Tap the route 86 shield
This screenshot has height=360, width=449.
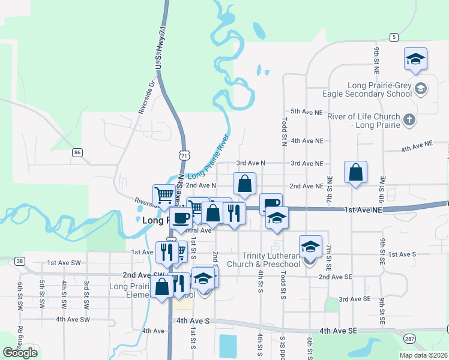click(x=77, y=153)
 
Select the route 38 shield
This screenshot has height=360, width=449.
click(x=20, y=261)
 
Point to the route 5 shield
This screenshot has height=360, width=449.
click(x=394, y=37)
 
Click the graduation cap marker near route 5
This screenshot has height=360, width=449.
click(x=415, y=59)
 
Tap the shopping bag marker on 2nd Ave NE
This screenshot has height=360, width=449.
click(x=356, y=173)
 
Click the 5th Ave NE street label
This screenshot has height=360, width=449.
click(x=307, y=112)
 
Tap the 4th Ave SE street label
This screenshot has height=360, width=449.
click(x=338, y=331)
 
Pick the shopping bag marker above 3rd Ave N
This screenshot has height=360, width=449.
click(x=244, y=185)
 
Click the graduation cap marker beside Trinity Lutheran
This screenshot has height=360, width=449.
click(x=310, y=247)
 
